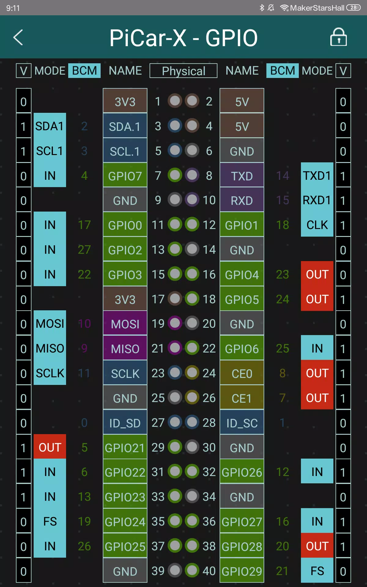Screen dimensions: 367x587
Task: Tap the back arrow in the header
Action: point(18,37)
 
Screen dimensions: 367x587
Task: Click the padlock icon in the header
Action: point(339,37)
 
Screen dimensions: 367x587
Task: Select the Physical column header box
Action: point(183,71)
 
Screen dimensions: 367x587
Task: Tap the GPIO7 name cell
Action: point(125,176)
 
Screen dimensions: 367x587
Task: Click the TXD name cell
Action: point(242,176)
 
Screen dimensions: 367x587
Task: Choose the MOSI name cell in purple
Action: point(125,324)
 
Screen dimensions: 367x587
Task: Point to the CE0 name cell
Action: point(242,373)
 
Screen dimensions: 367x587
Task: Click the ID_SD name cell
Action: point(125,423)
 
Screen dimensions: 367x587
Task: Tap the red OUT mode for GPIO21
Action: point(50,447)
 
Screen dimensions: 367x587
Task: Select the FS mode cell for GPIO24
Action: point(50,521)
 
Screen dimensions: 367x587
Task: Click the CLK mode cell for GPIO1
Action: point(317,225)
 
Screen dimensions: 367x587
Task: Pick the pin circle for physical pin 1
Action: point(175,101)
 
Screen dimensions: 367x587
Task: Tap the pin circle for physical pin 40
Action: point(192,570)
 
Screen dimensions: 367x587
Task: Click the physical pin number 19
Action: point(158,323)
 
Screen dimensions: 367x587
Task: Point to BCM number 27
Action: point(84,250)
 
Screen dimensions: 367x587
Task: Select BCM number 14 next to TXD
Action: point(283,176)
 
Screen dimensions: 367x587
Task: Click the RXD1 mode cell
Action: point(317,200)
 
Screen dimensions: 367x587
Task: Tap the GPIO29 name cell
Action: point(242,571)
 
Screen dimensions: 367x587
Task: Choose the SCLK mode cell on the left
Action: point(50,373)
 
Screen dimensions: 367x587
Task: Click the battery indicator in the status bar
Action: point(354,8)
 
